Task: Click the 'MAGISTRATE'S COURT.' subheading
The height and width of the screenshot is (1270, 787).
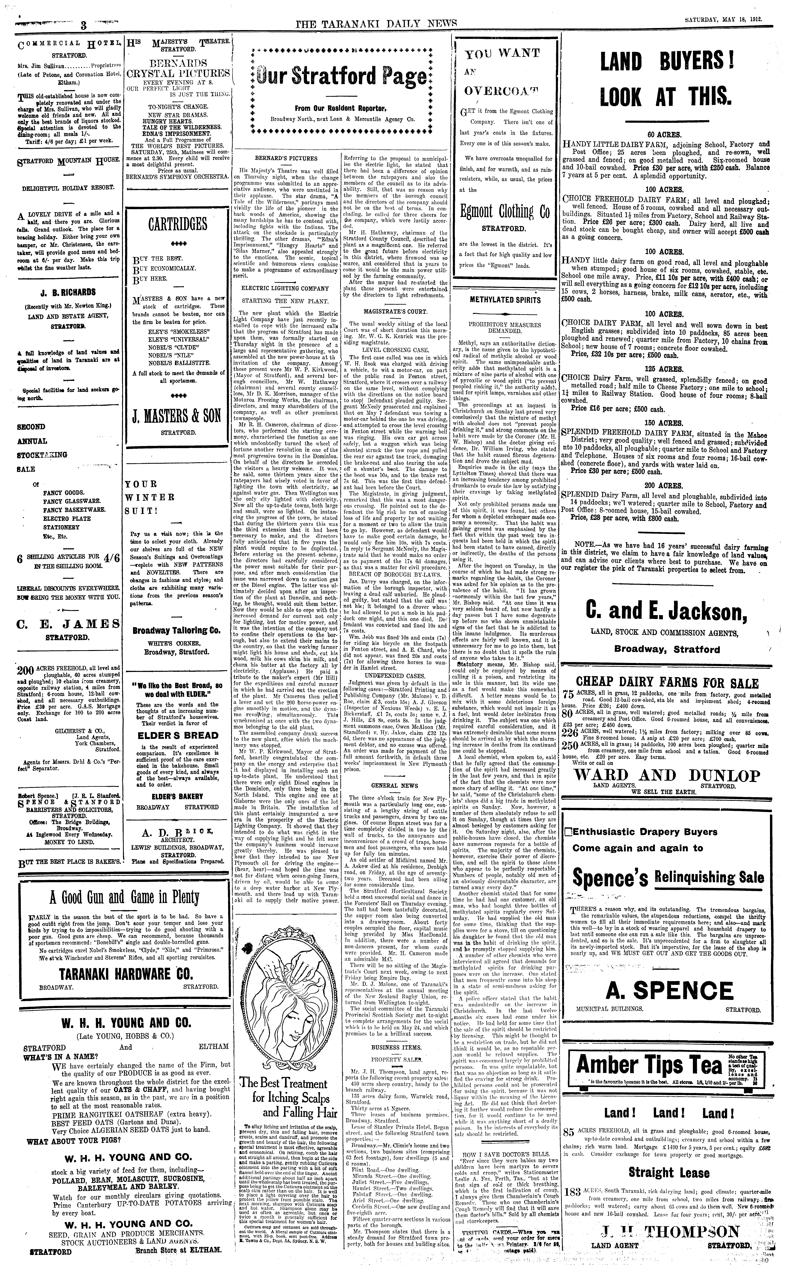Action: (x=395, y=312)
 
